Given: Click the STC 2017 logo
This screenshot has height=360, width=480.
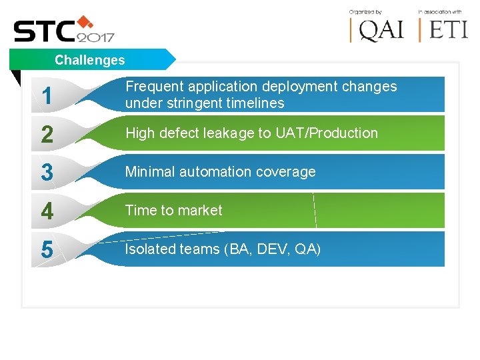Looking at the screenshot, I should [x=64, y=30].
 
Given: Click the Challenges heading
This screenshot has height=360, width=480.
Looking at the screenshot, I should [x=90, y=60].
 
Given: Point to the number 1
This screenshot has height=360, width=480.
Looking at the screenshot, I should [x=47, y=96].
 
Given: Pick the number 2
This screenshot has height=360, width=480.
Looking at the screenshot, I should [x=47, y=135].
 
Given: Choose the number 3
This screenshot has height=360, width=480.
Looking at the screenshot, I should [x=47, y=173].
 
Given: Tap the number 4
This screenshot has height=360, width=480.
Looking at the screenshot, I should [x=47, y=211].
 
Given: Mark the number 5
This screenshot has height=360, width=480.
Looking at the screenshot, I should [x=47, y=250].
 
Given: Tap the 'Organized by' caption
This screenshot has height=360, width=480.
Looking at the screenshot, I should [x=365, y=11].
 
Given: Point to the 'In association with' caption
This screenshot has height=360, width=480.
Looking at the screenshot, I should [x=440, y=11].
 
